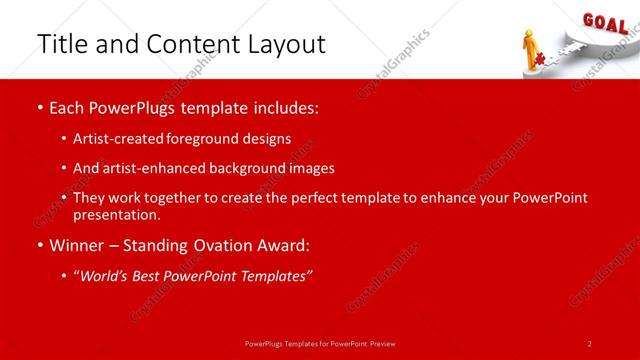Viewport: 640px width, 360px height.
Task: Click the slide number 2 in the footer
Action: (590, 343)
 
